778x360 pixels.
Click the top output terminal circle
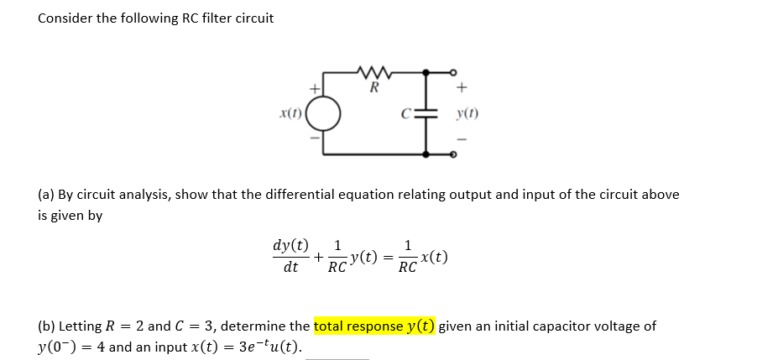[x=454, y=71]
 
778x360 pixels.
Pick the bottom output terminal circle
[x=454, y=154]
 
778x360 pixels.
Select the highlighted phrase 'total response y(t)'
[x=374, y=326]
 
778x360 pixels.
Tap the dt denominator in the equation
[x=290, y=268]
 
